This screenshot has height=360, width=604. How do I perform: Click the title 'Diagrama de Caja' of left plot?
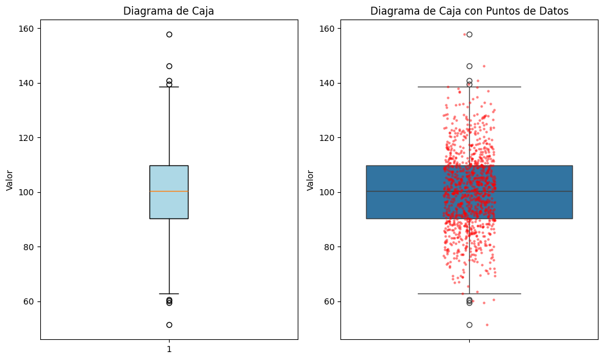pyautogui.click(x=168, y=11)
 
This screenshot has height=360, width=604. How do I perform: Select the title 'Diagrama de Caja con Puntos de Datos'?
pyautogui.click(x=469, y=11)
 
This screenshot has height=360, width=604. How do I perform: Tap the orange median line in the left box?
pyautogui.click(x=169, y=191)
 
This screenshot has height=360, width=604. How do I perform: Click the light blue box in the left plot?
pyautogui.click(x=169, y=192)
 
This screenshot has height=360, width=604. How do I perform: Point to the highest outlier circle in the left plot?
pyautogui.click(x=169, y=34)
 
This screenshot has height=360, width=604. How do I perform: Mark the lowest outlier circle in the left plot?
pyautogui.click(x=169, y=325)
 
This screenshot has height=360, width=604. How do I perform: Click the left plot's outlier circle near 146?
pyautogui.click(x=169, y=67)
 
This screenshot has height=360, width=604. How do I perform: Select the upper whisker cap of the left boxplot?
pyautogui.click(x=169, y=87)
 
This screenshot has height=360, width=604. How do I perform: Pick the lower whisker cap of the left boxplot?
pyautogui.click(x=169, y=293)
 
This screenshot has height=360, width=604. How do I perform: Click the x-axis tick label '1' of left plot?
pyautogui.click(x=169, y=350)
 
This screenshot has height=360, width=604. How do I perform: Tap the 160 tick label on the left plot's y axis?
pyautogui.click(x=26, y=29)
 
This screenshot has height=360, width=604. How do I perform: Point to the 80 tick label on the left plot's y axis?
pyautogui.click(x=29, y=247)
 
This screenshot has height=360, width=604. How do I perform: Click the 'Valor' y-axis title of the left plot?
pyautogui.click(x=10, y=181)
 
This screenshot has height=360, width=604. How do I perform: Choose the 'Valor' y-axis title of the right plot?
pyautogui.click(x=310, y=181)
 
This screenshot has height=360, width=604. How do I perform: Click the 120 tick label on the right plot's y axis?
pyautogui.click(x=326, y=138)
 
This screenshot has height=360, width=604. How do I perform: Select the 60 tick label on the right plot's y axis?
pyautogui.click(x=329, y=301)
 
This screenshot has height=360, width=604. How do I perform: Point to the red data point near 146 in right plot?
pyautogui.click(x=484, y=67)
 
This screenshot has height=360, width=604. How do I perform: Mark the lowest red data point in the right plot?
pyautogui.click(x=487, y=325)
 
